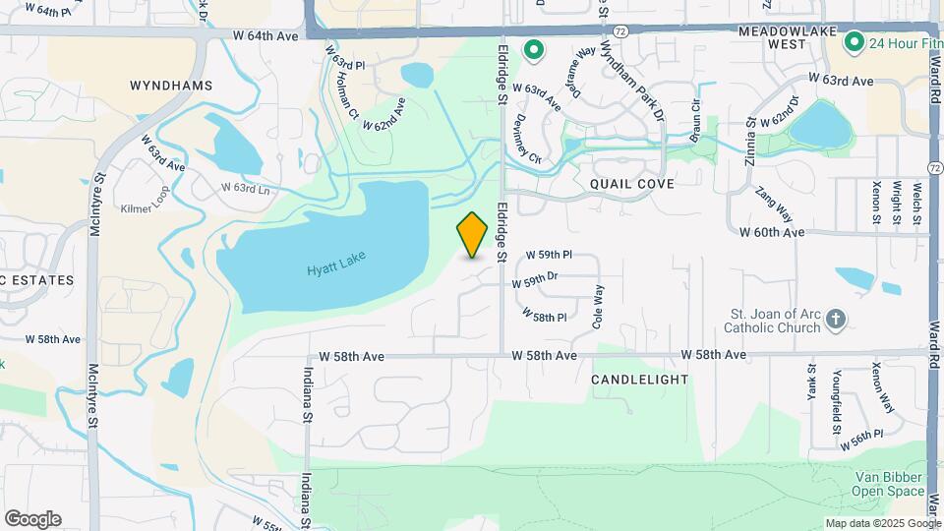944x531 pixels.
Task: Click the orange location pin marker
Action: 473,234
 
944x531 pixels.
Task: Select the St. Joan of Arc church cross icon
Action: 835,319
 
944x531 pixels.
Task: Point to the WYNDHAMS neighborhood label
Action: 171,86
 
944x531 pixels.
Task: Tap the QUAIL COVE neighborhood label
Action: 631,184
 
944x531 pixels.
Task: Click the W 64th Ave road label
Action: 265,35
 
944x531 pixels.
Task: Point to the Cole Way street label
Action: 597,306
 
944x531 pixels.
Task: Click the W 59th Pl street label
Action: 549,255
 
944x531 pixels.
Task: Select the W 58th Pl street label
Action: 550,317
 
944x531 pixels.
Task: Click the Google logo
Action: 32,519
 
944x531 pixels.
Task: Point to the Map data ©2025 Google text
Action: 881,523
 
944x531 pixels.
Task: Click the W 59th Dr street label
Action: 535,281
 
